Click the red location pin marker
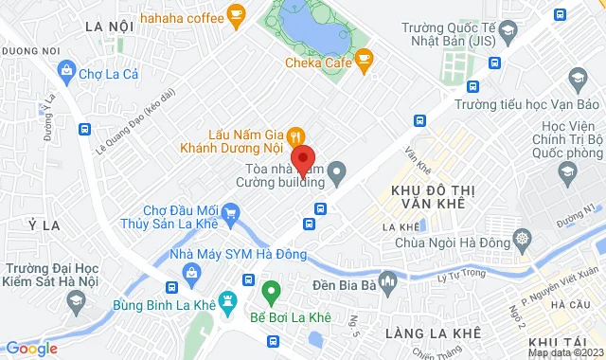coord(302,159)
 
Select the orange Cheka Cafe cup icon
coord(364,63)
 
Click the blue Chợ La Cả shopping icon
coord(65,69)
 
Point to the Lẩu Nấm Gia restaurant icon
coord(295,135)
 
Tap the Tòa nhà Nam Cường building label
coord(280,173)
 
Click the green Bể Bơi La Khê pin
coord(271,291)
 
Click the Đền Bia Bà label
coord(345,284)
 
